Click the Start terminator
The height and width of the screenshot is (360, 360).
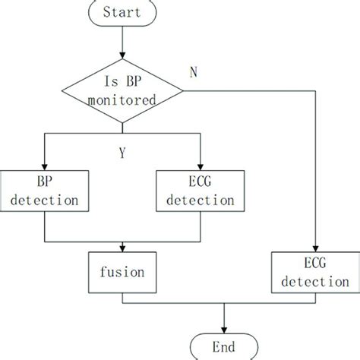(122, 13)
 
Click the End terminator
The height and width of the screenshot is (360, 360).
(224, 347)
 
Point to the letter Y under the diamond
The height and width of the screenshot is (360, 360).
(122, 152)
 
